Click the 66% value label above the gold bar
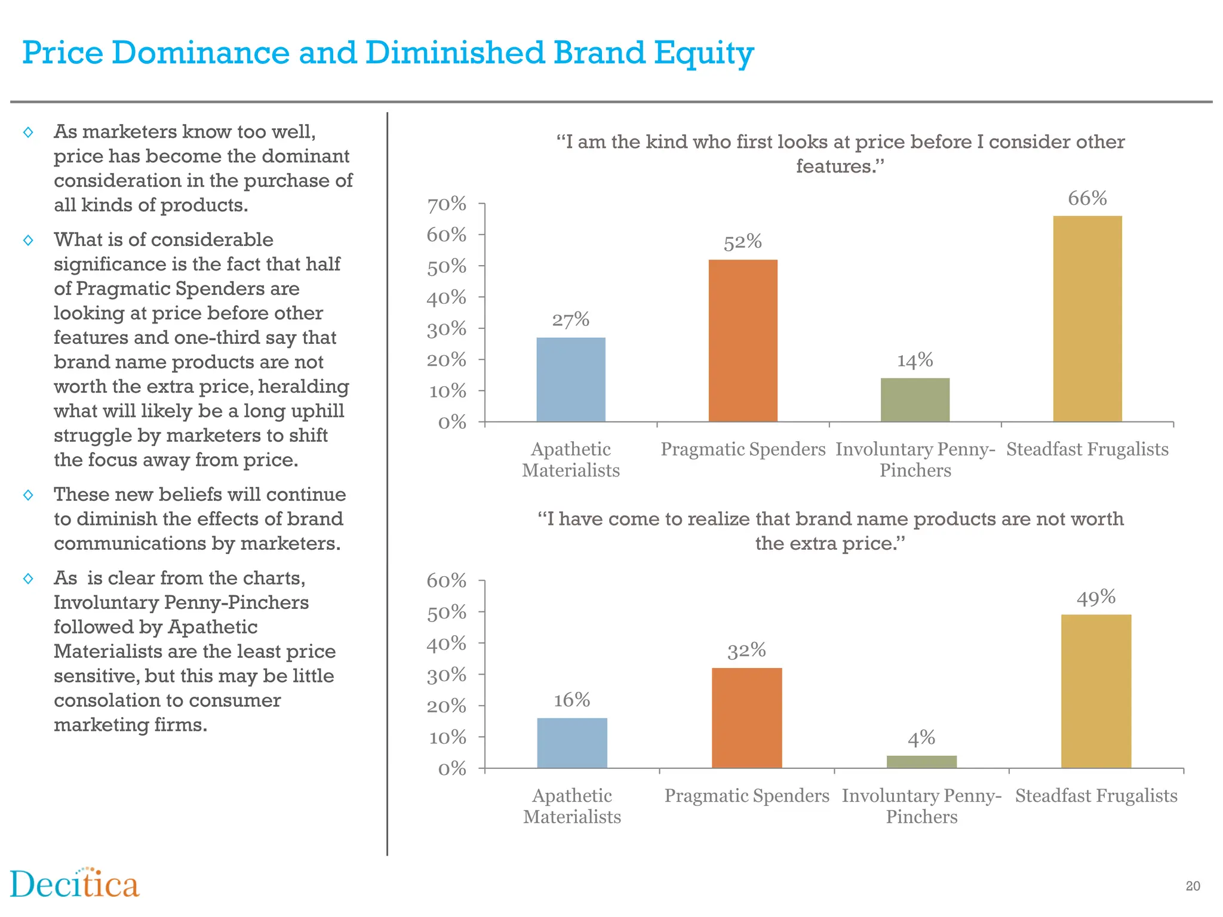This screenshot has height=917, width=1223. (x=1087, y=198)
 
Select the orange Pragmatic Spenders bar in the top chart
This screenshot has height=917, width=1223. (x=743, y=340)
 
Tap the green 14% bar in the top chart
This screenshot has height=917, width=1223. (x=915, y=399)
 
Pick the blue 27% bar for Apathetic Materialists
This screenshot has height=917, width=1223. (x=571, y=379)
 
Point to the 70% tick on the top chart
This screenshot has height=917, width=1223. (x=446, y=204)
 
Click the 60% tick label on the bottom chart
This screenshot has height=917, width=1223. (x=446, y=580)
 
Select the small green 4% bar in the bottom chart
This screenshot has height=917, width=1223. (x=921, y=762)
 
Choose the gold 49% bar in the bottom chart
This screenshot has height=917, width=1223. (x=1096, y=691)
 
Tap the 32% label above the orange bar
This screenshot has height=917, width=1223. (x=746, y=650)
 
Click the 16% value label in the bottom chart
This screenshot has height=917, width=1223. (x=571, y=700)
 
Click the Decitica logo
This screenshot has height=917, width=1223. (x=75, y=884)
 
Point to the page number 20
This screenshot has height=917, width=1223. (x=1193, y=887)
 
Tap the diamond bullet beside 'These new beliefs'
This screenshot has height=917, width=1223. (x=28, y=495)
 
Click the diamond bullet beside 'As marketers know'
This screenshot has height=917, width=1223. (x=28, y=132)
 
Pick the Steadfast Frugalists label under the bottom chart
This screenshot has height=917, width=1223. (x=1096, y=796)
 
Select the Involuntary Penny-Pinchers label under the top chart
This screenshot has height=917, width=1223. (x=915, y=460)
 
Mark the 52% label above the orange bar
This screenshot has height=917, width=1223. (x=742, y=242)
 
